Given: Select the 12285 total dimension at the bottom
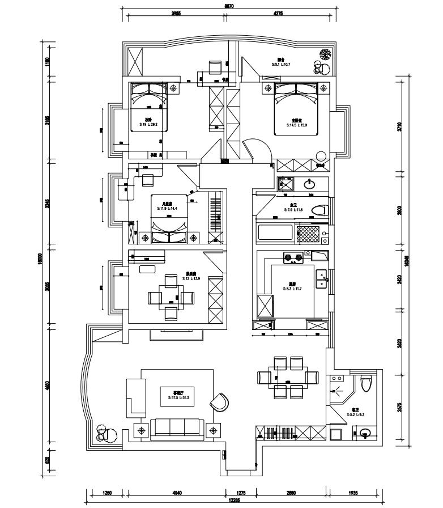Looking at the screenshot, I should (x=233, y=500).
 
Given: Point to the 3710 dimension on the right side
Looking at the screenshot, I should (x=399, y=126).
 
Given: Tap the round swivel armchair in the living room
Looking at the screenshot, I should (x=219, y=402).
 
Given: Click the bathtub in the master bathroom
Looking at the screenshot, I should (x=275, y=234).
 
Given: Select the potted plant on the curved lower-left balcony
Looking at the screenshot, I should (x=103, y=433).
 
